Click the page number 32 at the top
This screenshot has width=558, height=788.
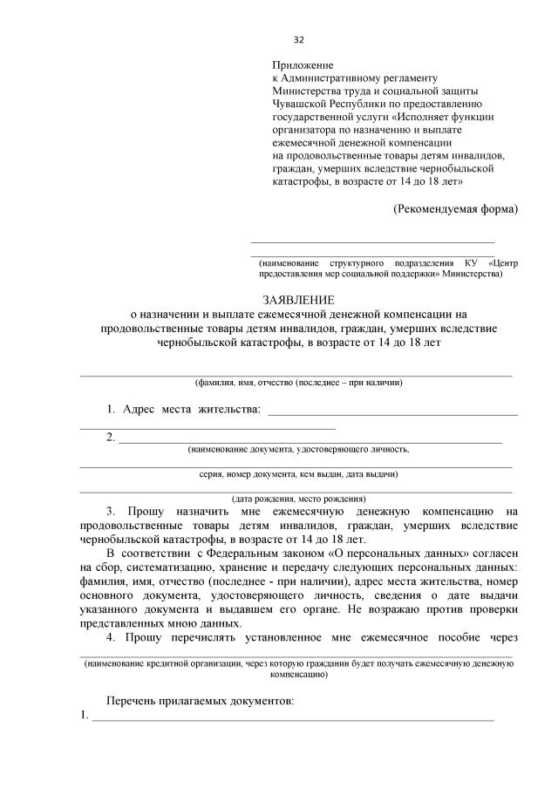298,40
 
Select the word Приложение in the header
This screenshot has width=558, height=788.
303,65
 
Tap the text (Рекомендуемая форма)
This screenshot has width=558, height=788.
454,208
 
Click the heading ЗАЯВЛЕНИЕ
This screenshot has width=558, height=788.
298,300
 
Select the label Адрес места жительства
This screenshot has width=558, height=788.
191,409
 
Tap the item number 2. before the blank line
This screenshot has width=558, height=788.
111,437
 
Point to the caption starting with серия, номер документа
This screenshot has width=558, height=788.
298,475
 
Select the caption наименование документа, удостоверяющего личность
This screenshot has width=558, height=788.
298,451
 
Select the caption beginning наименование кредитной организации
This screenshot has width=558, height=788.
298,663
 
